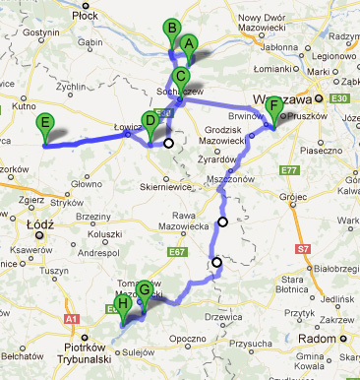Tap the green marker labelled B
171,29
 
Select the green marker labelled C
181,76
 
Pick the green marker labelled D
150,120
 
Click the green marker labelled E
43,123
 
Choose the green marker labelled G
145,289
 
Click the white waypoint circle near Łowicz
168,143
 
